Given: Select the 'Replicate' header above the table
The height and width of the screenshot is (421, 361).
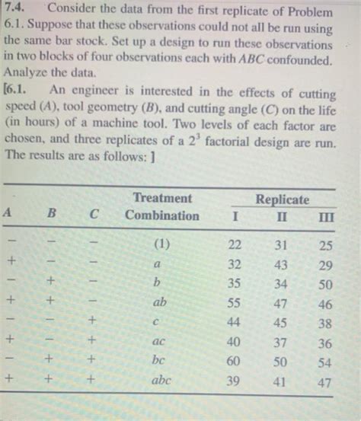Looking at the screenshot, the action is (283, 199).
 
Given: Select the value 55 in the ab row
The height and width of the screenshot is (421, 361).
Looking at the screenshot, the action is (235, 303).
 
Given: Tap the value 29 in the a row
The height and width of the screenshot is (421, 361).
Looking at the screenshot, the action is (324, 266).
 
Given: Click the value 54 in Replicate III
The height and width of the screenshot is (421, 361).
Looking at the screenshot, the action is (325, 362).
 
